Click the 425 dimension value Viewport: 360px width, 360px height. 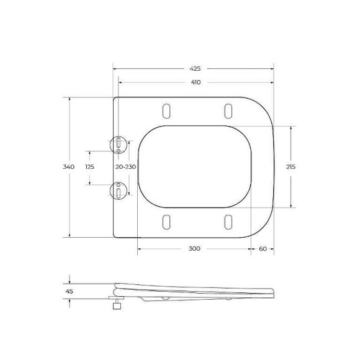(x=195, y=69)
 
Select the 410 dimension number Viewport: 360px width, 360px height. (x=196, y=82)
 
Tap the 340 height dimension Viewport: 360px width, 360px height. (x=69, y=167)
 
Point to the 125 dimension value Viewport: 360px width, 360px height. (x=89, y=167)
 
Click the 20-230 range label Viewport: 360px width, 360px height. (x=125, y=167)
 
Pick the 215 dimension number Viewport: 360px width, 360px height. (x=290, y=167)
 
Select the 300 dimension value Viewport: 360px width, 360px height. (x=194, y=248)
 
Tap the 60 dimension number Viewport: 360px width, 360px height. (x=263, y=249)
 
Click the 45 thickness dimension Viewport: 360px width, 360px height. (x=69, y=291)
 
